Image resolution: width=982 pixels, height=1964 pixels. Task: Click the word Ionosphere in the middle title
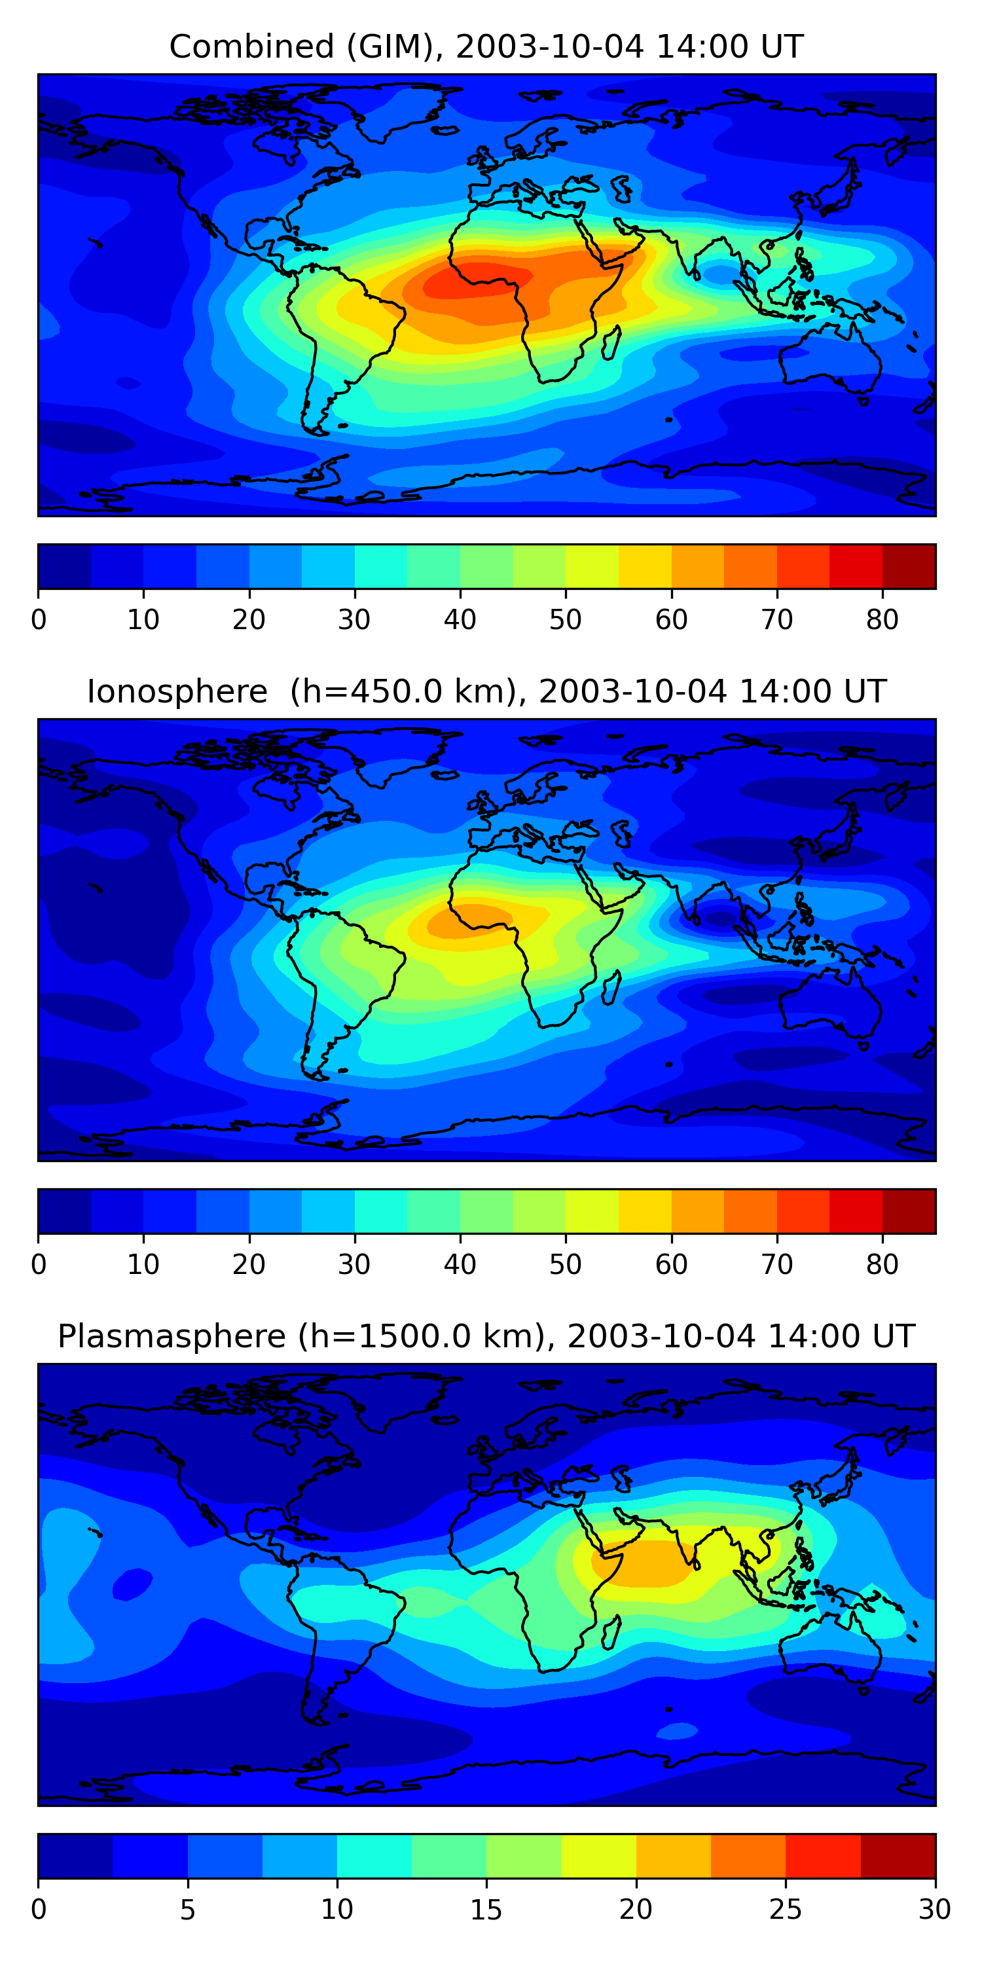(x=177, y=692)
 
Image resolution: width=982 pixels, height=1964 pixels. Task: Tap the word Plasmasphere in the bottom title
(x=172, y=1337)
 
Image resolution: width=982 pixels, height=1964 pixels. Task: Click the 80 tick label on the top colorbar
(x=882, y=620)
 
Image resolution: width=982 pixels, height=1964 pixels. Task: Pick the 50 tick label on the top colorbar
(x=565, y=620)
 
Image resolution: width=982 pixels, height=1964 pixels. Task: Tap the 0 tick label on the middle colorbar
(x=39, y=1265)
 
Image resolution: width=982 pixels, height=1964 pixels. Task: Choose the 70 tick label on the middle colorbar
(x=777, y=1265)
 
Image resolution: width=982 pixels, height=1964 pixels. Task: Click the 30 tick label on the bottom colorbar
(x=935, y=1910)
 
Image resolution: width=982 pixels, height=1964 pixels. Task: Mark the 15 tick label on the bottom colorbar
(x=486, y=1910)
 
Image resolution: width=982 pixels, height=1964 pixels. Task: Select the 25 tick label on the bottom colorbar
(x=786, y=1910)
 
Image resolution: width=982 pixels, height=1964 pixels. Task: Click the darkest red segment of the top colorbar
(x=909, y=566)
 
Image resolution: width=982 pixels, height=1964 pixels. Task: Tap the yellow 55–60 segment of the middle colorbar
(x=645, y=1212)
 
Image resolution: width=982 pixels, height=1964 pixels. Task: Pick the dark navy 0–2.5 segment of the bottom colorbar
(x=75, y=1856)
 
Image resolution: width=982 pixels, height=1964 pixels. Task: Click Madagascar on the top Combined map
(x=611, y=344)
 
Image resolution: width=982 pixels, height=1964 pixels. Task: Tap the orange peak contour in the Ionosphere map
(x=469, y=922)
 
